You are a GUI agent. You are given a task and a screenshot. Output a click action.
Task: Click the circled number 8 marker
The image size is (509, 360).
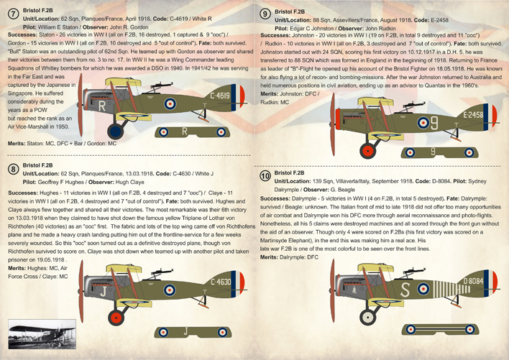[x=12, y=170]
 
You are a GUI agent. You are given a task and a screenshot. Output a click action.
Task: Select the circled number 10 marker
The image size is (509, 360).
[x=265, y=175]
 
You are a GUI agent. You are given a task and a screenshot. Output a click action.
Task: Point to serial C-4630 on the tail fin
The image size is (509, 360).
[x=220, y=281]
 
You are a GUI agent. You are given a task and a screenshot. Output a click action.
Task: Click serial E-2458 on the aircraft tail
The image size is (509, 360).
[x=473, y=114]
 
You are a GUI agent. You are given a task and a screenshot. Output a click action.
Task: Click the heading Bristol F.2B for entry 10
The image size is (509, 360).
[x=290, y=173]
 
